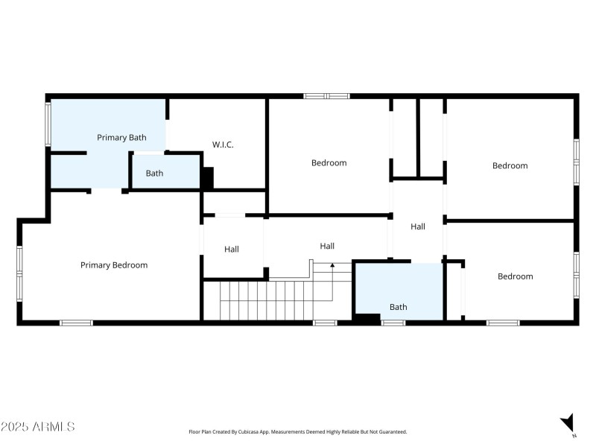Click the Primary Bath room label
(121, 137)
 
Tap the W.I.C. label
(223, 145)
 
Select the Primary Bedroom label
(114, 264)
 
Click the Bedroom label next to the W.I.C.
(329, 162)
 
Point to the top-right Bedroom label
(510, 165)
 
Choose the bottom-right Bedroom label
(515, 276)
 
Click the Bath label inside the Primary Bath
(154, 173)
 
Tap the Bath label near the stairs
(399, 306)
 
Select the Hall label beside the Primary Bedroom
(232, 249)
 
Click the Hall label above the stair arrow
(327, 246)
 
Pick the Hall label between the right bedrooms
(418, 226)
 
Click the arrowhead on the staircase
(332, 264)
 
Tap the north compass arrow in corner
(568, 422)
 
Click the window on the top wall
(326, 95)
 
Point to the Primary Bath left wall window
(48, 125)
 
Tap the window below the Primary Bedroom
(76, 323)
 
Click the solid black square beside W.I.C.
(208, 177)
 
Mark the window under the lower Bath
(393, 323)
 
